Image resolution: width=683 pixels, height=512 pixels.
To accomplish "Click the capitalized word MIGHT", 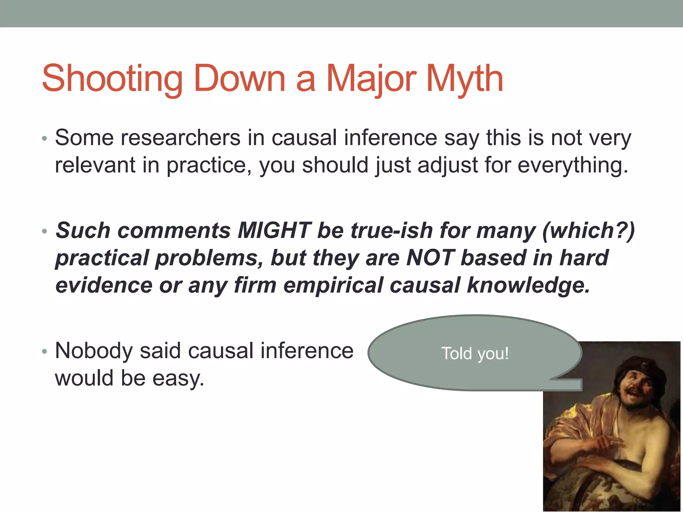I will (274, 230).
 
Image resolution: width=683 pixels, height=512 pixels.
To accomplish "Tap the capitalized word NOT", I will (430, 258).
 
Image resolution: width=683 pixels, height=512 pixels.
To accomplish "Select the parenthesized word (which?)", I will (589, 230).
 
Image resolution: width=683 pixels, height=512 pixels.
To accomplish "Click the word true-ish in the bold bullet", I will (392, 230).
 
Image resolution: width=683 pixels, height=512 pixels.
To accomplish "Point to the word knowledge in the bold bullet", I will (528, 285).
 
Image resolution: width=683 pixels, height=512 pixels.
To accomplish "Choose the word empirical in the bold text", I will (333, 285).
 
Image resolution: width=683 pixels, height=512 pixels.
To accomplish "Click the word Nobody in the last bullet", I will (94, 351).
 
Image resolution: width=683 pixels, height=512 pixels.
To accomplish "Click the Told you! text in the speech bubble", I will (475, 353).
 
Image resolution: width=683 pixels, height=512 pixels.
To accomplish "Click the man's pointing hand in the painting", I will (607, 443).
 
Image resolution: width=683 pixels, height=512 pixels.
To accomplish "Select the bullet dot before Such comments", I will (45, 231).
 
